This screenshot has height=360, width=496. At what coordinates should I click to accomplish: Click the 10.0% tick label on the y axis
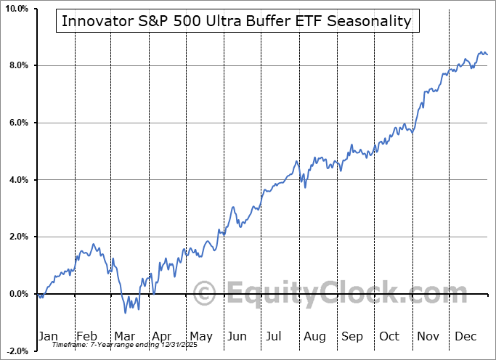tap(15, 9)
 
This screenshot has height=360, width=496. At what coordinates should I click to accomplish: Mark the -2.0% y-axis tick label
tap(16, 351)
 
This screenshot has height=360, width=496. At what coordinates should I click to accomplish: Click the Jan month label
tap(48, 336)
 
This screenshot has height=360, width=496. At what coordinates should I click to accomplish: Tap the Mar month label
tap(123, 336)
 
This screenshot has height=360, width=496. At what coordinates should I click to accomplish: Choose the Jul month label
tap(275, 336)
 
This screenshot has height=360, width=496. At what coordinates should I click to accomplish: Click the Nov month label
tap(427, 336)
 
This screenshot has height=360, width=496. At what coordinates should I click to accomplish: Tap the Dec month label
tap(465, 336)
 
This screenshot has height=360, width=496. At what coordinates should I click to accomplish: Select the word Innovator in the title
tap(93, 21)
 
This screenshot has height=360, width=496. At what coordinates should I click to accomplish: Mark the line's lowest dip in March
tap(125, 313)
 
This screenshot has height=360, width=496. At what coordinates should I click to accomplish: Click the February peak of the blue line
tap(93, 245)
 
